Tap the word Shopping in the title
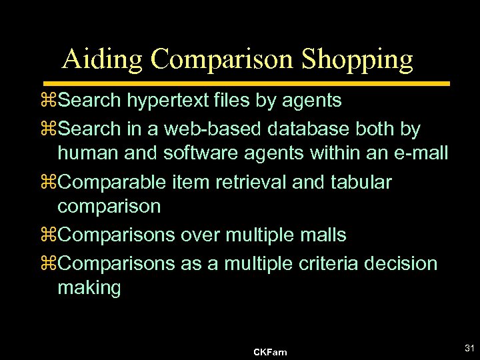click(357, 59)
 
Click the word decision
click(402, 263)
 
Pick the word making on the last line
click(89, 289)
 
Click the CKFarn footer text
click(271, 352)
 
